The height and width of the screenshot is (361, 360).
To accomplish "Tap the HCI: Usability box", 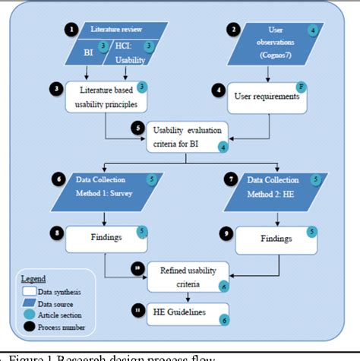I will (134, 49).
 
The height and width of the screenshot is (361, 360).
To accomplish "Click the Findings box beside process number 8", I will (107, 239).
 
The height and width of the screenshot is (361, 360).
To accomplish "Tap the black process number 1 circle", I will (71, 30).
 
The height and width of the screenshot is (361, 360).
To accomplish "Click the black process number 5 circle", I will (137, 128).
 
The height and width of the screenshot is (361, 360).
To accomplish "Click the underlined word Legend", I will (33, 279).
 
